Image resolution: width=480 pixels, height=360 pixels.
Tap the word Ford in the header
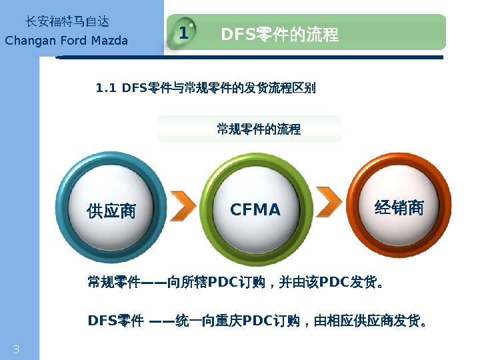click(70, 41)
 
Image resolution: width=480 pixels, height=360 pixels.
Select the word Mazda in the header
click(108, 41)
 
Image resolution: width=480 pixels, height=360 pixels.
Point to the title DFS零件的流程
click(279, 34)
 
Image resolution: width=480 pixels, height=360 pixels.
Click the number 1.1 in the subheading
click(107, 88)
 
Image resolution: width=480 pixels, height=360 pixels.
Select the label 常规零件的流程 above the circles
click(259, 129)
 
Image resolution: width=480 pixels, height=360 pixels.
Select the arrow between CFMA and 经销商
click(329, 198)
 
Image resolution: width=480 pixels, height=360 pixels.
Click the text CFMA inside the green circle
click(255, 210)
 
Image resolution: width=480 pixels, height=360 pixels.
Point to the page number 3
click(16, 350)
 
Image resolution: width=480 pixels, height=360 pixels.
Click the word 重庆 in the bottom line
click(227, 321)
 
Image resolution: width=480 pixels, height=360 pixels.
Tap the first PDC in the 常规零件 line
click(223, 282)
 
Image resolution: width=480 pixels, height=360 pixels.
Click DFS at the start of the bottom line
click(102, 321)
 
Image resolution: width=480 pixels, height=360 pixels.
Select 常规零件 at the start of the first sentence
click(113, 282)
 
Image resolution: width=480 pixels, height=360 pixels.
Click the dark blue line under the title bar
click(250, 58)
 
